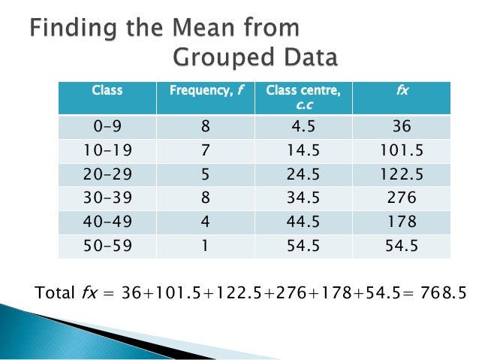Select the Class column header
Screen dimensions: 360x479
[x=107, y=91]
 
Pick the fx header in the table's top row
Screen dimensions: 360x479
[x=402, y=91]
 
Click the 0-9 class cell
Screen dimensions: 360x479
[x=107, y=127]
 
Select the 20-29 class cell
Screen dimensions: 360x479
[x=107, y=174]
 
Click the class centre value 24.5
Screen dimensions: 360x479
[x=304, y=174]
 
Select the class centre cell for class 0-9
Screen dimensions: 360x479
[x=304, y=127]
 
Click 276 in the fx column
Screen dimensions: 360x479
[x=402, y=198]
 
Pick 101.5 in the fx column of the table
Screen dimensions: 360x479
[x=402, y=151]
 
